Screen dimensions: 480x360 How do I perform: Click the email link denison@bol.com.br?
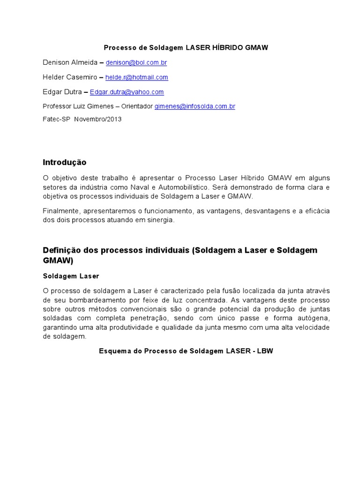point(136,62)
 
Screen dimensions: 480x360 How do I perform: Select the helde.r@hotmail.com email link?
point(136,77)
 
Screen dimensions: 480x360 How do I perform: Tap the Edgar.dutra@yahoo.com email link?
point(127,92)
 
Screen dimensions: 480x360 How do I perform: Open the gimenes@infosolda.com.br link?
point(195,106)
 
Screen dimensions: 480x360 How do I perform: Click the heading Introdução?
point(65,162)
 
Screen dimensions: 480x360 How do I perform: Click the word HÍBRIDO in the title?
point(228,47)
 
